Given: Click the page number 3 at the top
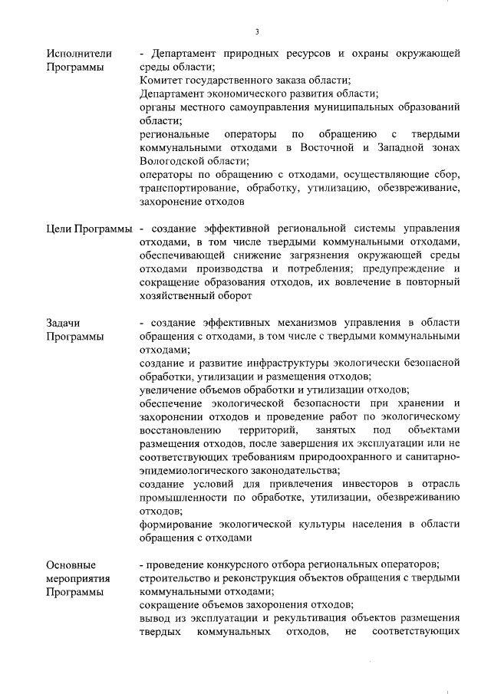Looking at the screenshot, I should (x=257, y=31).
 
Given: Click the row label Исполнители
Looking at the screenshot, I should (x=79, y=54).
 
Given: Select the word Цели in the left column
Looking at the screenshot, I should (x=58, y=229).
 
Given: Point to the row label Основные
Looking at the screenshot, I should (x=71, y=564).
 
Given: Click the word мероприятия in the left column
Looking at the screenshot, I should (x=78, y=578).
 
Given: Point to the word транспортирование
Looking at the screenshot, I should (x=187, y=189).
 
